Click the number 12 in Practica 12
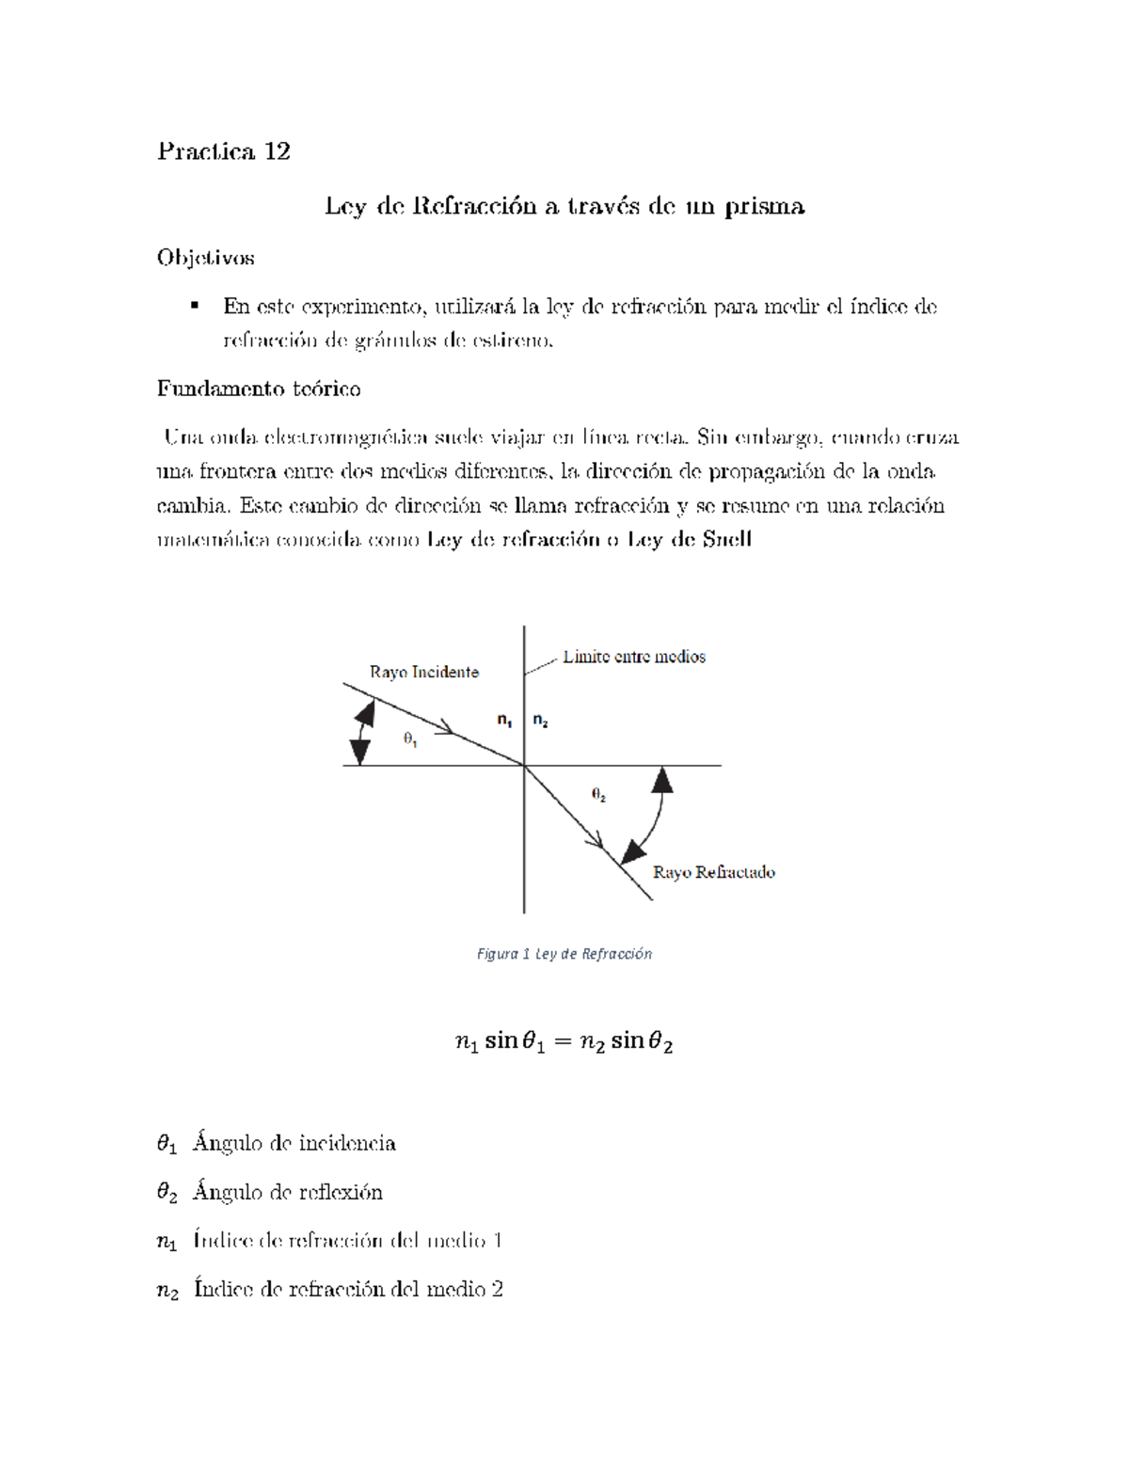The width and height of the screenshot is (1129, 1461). [277, 151]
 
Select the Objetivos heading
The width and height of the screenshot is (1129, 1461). [205, 257]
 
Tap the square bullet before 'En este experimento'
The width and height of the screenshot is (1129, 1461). [195, 305]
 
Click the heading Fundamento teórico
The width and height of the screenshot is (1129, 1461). [259, 389]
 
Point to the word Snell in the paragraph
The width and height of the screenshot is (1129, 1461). [725, 539]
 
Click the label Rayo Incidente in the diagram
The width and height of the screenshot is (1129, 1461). [423, 672]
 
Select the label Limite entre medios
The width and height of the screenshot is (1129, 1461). [633, 657]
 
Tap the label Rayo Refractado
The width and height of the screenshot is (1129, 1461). [713, 872]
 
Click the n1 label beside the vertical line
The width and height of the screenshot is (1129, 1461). [504, 721]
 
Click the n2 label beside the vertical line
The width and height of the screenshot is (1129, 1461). [540, 721]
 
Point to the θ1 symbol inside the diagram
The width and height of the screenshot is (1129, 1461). [410, 739]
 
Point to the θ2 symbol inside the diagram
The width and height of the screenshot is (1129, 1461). [598, 794]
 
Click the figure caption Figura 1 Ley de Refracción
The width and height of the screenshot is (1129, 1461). [564, 954]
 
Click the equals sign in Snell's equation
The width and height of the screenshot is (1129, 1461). [562, 1041]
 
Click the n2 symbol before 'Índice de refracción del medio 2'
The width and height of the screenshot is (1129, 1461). [167, 1291]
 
